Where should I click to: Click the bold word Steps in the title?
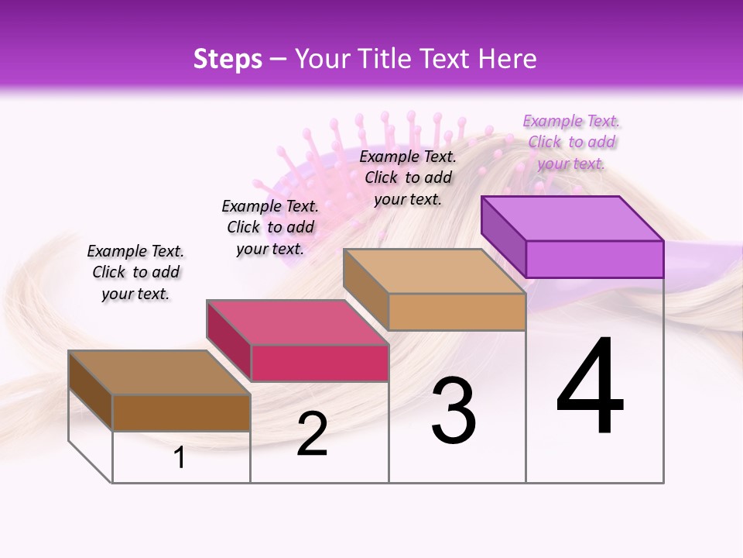228,59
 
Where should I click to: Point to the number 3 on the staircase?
453,411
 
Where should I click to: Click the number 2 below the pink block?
312,434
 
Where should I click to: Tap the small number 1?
180,457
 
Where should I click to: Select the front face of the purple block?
594,259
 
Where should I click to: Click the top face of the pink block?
297,322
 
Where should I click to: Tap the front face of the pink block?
320,363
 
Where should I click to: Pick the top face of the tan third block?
434,271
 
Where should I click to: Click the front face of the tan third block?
457,312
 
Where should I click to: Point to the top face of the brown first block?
159,373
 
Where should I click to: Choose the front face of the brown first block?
181,412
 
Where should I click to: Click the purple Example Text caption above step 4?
571,142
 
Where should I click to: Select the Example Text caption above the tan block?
408,177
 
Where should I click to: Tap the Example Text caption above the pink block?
270,227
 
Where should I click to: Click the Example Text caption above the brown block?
135,272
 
